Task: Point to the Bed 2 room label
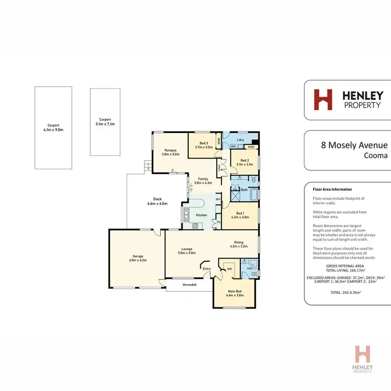point(244,160)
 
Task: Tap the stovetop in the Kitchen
point(195,226)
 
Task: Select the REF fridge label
point(218,199)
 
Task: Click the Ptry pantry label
point(218,222)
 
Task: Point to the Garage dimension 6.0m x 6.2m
point(138,260)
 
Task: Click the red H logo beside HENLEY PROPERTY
point(322,100)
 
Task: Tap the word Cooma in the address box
point(375,155)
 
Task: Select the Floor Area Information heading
point(332,189)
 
